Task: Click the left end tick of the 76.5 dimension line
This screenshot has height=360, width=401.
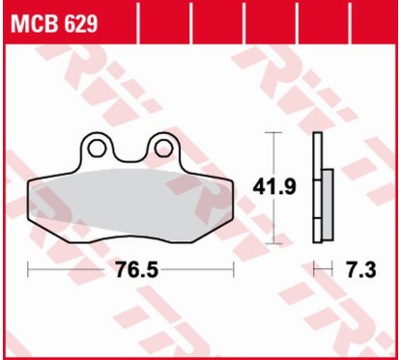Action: (29, 267)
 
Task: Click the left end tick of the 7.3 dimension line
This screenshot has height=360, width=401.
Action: (313, 267)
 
